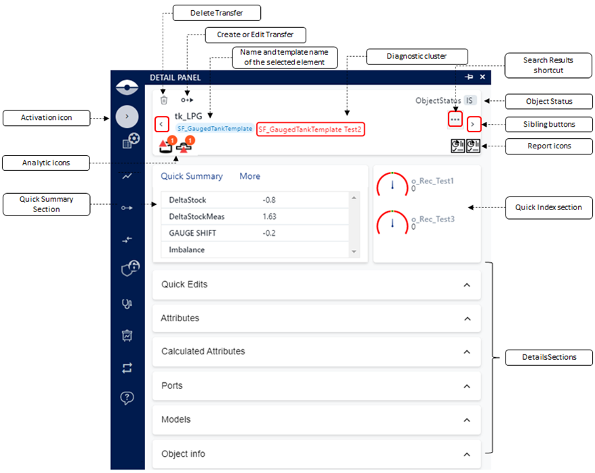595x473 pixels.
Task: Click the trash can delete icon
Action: [164, 100]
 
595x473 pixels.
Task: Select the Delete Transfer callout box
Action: [217, 13]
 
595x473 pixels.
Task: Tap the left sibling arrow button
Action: [162, 124]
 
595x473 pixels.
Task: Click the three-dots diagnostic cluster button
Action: [455, 119]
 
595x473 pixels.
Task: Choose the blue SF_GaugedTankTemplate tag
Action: [215, 129]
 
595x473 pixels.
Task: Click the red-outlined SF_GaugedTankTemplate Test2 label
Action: [310, 129]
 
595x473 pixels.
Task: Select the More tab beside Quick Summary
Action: [249, 176]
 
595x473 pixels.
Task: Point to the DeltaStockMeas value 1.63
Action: [270, 217]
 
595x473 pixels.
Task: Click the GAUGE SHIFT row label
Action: [192, 233]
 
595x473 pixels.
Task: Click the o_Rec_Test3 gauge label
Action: [433, 219]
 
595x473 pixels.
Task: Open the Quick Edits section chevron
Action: [467, 285]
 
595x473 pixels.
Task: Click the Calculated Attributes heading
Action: [203, 351]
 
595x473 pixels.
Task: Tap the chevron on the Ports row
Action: [467, 386]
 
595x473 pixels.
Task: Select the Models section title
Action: [176, 419]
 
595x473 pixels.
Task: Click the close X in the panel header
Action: [483, 77]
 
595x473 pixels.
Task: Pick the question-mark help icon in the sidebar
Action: [127, 398]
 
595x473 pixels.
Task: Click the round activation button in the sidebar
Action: [127, 117]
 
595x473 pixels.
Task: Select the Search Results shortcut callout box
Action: [548, 65]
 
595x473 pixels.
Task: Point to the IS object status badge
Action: [470, 100]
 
